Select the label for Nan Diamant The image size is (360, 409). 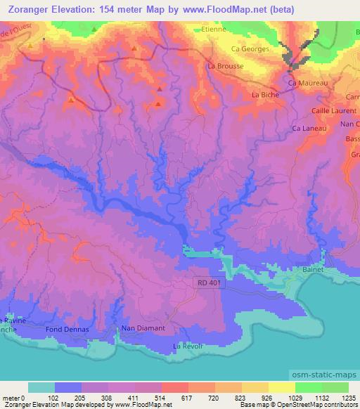pyautogui.click(x=143, y=328)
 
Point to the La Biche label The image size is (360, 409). pyautogui.click(x=266, y=93)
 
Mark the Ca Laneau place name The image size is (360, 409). pyautogui.click(x=307, y=129)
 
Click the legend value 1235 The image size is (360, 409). pyautogui.click(x=348, y=398)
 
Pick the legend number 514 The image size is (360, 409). pyautogui.click(x=161, y=398)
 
